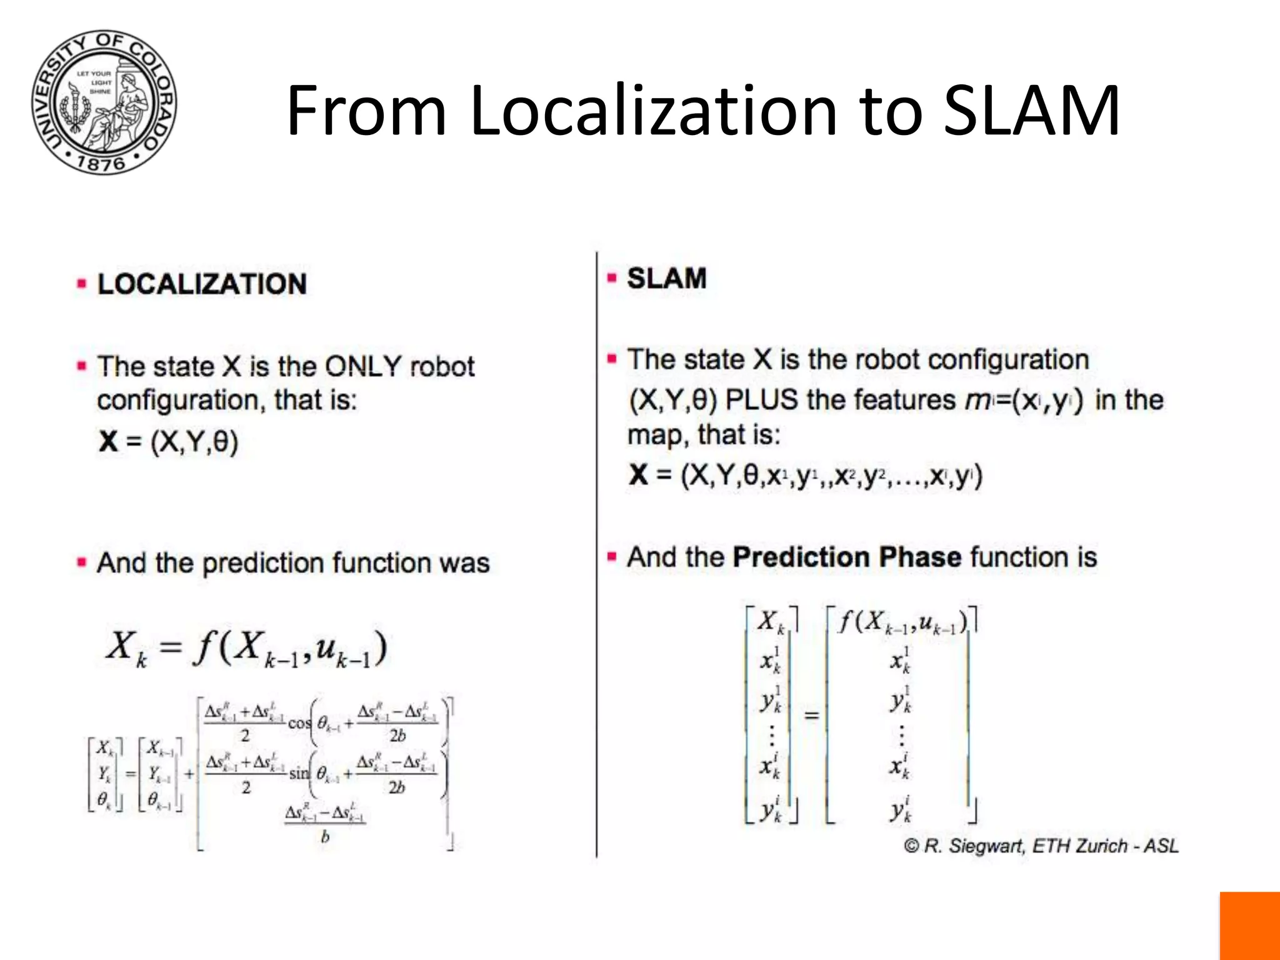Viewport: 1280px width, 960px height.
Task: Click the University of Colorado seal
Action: pyautogui.click(x=104, y=102)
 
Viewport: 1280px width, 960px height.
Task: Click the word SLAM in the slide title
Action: pyautogui.click(x=1031, y=111)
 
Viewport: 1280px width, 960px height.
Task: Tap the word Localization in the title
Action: pyautogui.click(x=653, y=111)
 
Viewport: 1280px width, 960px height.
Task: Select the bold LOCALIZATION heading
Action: pyautogui.click(x=202, y=284)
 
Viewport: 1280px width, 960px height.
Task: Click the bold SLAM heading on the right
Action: pyautogui.click(x=666, y=278)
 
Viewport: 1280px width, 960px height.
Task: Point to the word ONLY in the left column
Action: pyautogui.click(x=363, y=366)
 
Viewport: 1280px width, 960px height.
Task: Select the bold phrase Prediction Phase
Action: pyautogui.click(x=847, y=557)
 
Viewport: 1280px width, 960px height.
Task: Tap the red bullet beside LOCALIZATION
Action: pyautogui.click(x=81, y=284)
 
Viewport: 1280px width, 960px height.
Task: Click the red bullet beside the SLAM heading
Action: pyautogui.click(x=612, y=278)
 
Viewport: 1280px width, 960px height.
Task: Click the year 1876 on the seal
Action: pyautogui.click(x=101, y=164)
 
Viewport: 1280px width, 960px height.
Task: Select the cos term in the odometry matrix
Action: pyautogui.click(x=299, y=723)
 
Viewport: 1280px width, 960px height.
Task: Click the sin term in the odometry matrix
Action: pyautogui.click(x=299, y=773)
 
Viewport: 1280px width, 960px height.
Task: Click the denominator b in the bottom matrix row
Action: pyautogui.click(x=325, y=836)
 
